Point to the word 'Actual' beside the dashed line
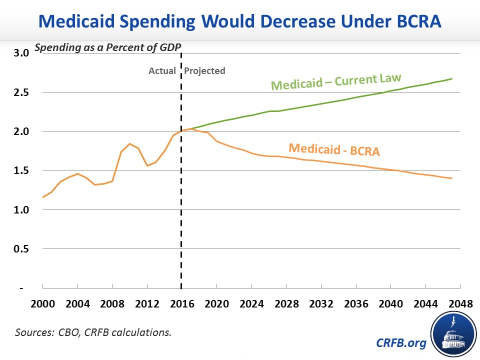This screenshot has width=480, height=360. click(x=162, y=70)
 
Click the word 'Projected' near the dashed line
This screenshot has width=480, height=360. click(x=204, y=70)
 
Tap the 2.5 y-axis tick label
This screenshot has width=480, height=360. click(x=21, y=92)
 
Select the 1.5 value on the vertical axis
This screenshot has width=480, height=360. click(x=21, y=170)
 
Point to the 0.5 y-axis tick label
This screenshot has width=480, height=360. click(x=21, y=249)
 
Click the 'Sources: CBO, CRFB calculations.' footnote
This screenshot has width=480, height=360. click(x=93, y=331)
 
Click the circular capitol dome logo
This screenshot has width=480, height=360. click(x=452, y=335)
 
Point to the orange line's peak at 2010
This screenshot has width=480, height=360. click(x=130, y=144)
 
